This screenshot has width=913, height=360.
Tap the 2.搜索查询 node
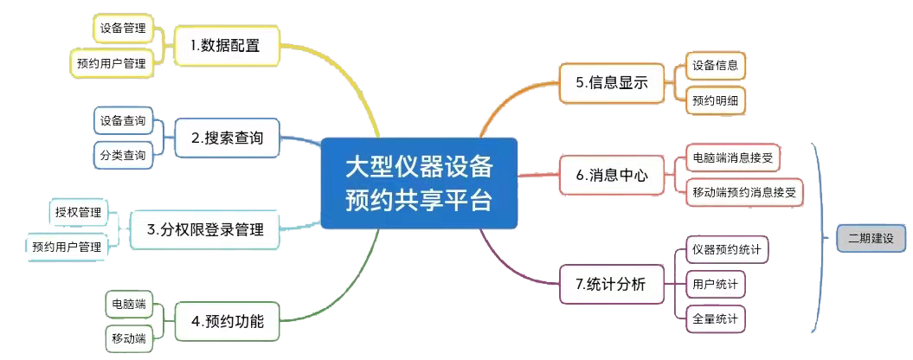click(x=227, y=138)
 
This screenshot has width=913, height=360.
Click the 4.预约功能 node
click(x=227, y=323)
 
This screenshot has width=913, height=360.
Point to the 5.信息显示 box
click(x=612, y=83)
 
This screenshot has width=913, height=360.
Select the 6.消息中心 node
click(x=612, y=175)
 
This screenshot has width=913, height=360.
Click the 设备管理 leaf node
click(x=122, y=29)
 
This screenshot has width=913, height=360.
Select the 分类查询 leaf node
click(x=122, y=155)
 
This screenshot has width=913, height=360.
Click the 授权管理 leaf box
click(x=77, y=212)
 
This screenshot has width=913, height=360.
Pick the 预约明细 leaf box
click(x=715, y=100)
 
